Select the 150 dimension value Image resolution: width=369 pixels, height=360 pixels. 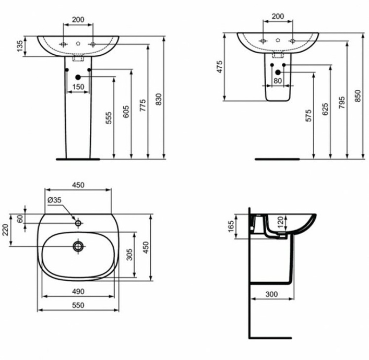(x=78, y=86)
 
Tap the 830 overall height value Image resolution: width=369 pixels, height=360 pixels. (x=159, y=99)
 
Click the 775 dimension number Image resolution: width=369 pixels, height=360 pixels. (x=142, y=105)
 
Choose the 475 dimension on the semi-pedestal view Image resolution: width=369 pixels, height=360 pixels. (x=220, y=67)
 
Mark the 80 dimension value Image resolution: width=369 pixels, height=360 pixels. (x=277, y=81)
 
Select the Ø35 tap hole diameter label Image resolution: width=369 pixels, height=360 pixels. (x=54, y=199)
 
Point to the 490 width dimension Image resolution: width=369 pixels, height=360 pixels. (x=78, y=291)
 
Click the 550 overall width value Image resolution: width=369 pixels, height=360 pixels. (x=78, y=305)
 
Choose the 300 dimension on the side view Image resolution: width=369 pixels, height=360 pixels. (x=271, y=294)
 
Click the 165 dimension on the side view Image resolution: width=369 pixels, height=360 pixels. (x=231, y=226)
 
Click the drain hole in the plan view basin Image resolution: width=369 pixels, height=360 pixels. (x=78, y=246)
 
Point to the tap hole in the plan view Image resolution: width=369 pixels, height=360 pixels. (x=78, y=223)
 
